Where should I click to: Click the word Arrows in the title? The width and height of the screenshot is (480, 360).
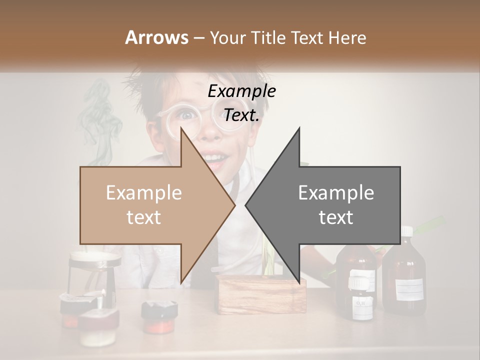coord(156,37)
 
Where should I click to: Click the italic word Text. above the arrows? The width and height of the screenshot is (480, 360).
coord(241,115)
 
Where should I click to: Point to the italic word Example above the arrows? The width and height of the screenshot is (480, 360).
coord(241,91)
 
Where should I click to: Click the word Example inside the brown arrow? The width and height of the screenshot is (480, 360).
coord(143,192)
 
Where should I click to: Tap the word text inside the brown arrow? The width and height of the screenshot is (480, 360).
coord(143,217)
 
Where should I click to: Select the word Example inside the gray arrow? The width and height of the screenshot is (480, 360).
coord(336,192)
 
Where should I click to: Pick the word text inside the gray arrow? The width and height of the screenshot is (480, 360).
coord(336,217)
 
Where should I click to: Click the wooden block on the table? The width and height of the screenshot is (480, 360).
coord(262,295)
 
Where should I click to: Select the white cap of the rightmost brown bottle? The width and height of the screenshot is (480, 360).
coord(407,231)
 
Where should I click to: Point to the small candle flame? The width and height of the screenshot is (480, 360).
coord(103,292)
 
